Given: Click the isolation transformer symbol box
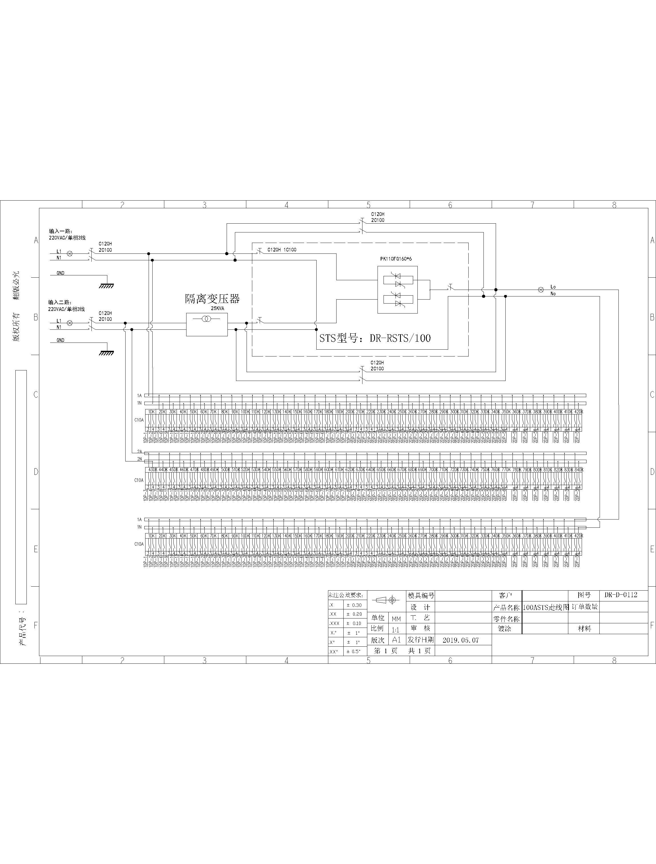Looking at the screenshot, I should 206,324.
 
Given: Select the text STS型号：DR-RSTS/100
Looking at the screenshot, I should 375,338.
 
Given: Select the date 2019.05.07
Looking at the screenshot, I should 460,640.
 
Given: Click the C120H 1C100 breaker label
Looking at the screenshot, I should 282,249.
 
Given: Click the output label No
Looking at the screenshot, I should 553,294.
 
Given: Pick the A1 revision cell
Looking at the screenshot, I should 396,640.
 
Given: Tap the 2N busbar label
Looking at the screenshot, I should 139,459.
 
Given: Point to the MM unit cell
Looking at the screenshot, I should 396,619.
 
